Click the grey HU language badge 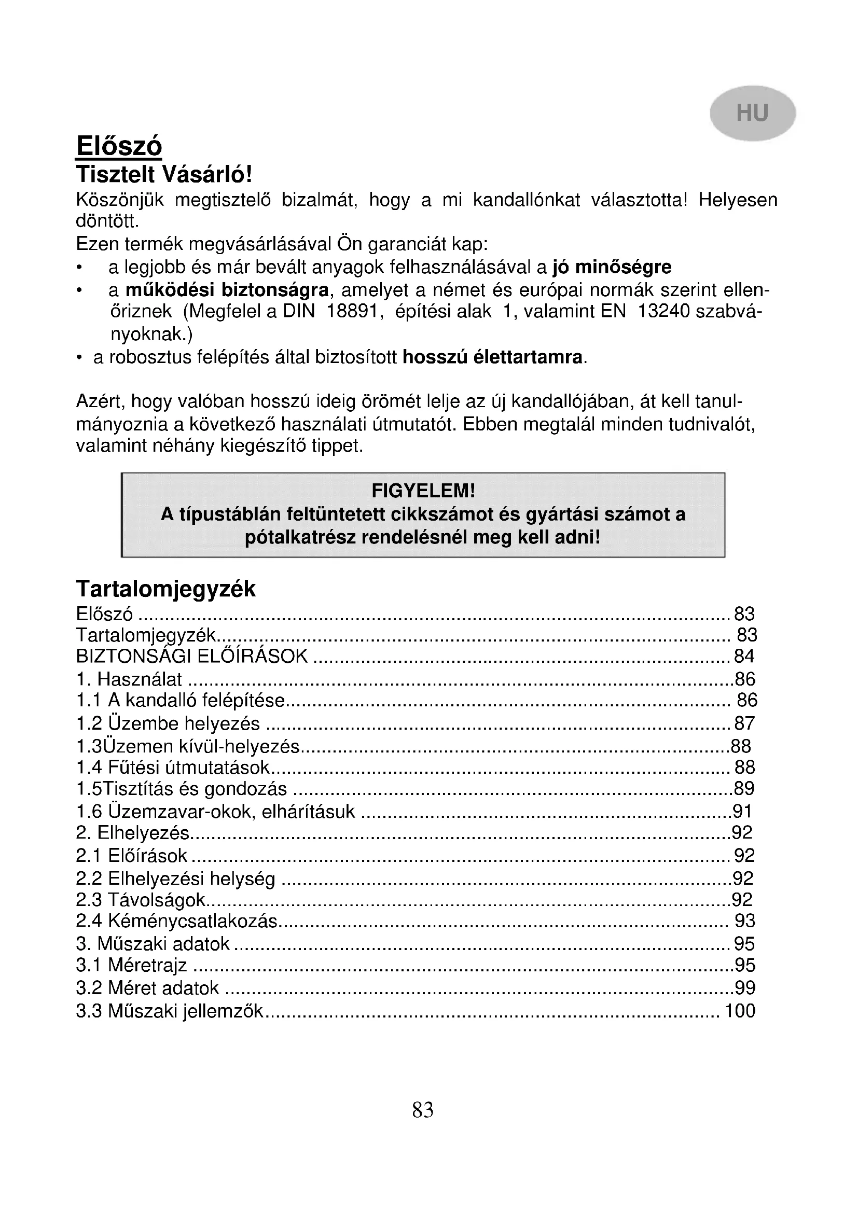click(752, 113)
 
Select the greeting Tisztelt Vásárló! click(164, 174)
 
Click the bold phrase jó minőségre click(612, 267)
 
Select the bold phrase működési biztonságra click(227, 290)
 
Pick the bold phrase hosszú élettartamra click(493, 358)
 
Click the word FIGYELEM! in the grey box click(423, 491)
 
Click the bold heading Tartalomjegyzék click(166, 589)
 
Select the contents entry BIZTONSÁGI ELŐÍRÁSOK click(192, 656)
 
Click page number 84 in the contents click(744, 656)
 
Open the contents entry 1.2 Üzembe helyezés click(168, 723)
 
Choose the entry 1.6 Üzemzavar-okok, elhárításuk click(216, 811)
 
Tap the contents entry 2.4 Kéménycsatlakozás click(176, 921)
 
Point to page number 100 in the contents click(740, 1011)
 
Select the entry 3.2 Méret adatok click(147, 988)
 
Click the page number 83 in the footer click(423, 1110)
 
